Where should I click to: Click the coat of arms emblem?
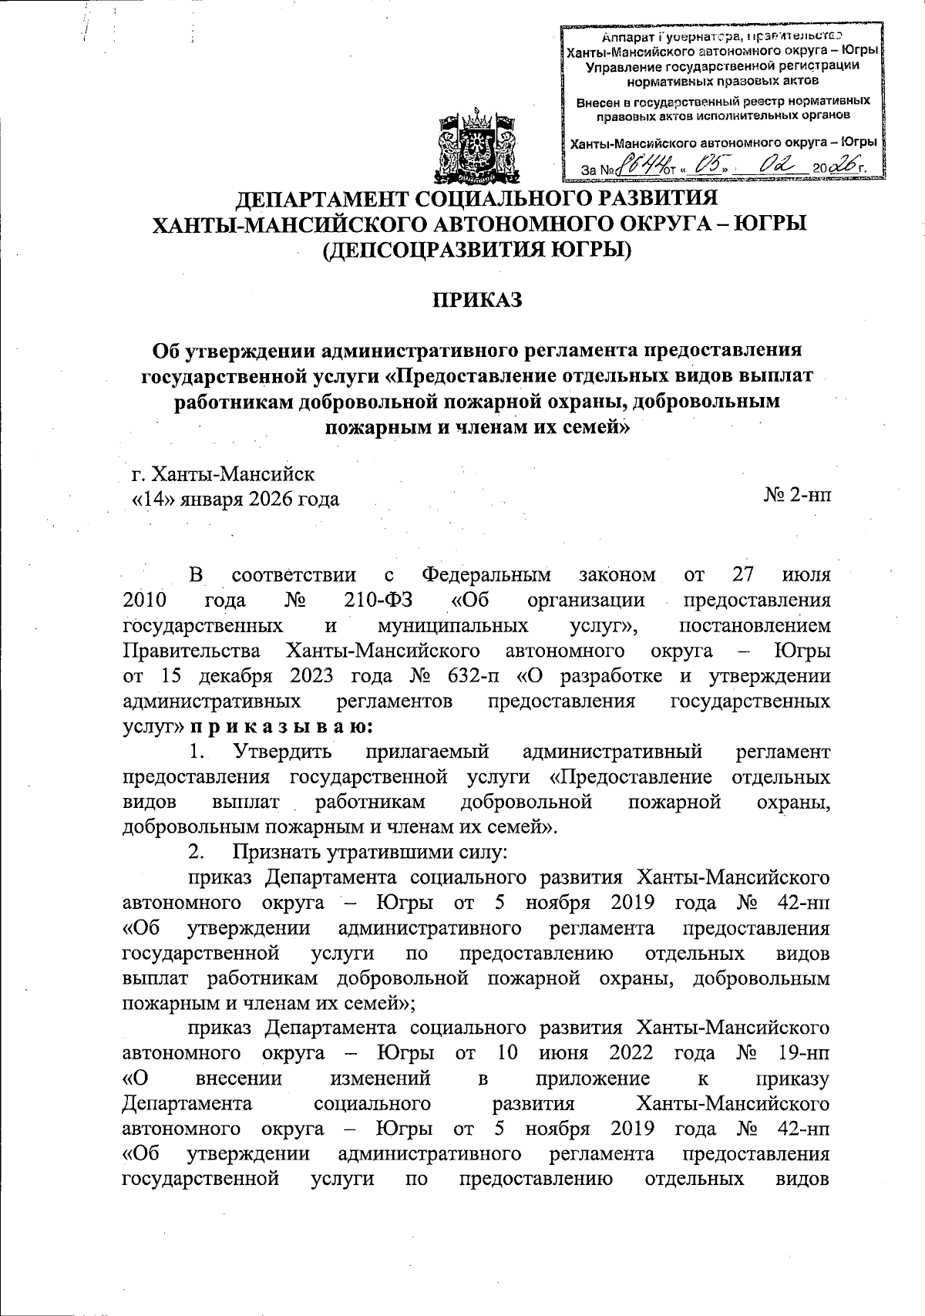pos(476,145)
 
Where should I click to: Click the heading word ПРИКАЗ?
pos(476,299)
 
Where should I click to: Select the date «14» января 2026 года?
pos(236,500)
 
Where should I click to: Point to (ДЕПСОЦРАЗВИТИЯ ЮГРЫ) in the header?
pos(476,250)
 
